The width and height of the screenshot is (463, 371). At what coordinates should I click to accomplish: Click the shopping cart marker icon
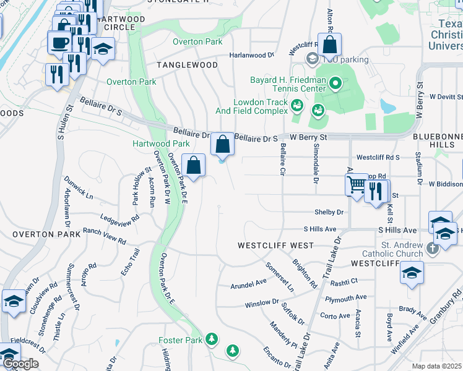[x=355, y=184]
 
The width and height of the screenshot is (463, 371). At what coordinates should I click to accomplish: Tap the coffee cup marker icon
[x=59, y=42]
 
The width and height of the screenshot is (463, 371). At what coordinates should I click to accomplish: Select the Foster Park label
[x=180, y=340]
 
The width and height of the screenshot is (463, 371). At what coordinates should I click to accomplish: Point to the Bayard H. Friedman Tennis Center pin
[x=335, y=82]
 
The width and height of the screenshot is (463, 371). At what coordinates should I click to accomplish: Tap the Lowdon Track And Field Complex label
[x=261, y=106]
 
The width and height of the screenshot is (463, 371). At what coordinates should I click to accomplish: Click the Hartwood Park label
[x=161, y=143]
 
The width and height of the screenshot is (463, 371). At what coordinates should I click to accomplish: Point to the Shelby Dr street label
[x=329, y=212]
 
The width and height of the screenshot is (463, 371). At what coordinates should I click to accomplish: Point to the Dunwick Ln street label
[x=78, y=188]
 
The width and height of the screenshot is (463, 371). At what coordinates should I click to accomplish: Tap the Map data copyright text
[x=437, y=366]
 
